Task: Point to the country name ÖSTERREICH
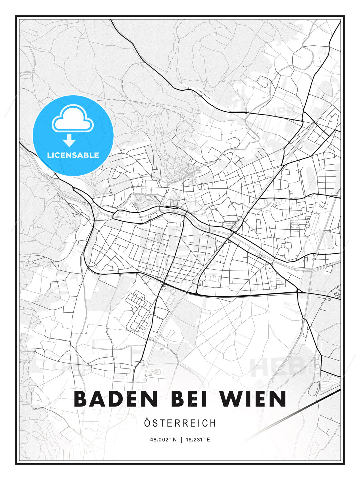coord(180,423)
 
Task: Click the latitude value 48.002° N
coord(163,440)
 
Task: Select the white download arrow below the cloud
coord(70,141)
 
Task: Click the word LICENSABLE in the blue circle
coord(73,155)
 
